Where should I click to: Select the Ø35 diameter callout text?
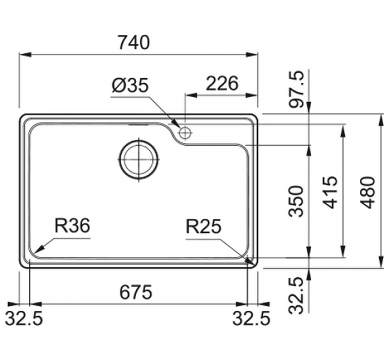[x=130, y=86]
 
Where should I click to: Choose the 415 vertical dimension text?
[x=330, y=193]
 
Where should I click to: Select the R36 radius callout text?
[x=73, y=226]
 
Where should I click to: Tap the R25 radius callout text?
[x=204, y=227]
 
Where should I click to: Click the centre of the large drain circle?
[x=138, y=158]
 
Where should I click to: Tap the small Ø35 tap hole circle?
[x=184, y=133]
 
